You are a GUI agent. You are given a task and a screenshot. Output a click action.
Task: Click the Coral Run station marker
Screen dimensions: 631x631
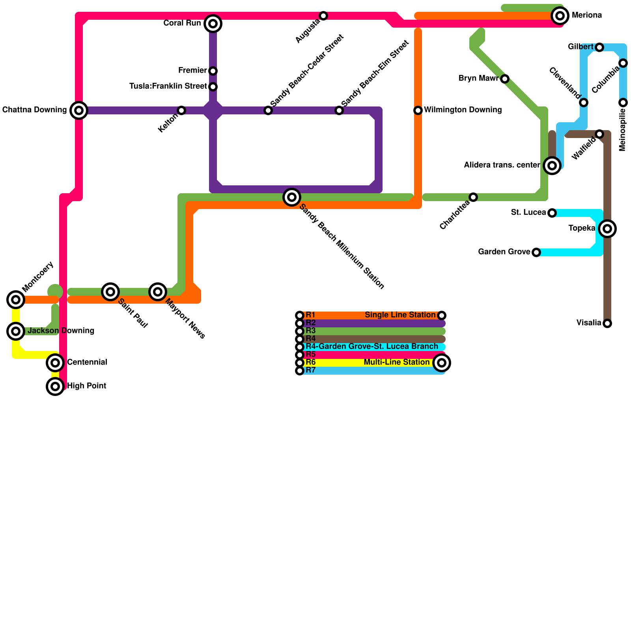[213, 24]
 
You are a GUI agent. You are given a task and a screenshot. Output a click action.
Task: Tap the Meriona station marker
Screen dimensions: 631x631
[560, 16]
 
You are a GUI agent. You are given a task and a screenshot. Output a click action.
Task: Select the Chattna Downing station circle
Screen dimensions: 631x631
[79, 110]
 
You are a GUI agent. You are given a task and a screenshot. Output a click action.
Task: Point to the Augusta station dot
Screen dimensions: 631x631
[323, 16]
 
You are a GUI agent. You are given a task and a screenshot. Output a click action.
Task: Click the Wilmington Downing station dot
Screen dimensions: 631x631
[418, 110]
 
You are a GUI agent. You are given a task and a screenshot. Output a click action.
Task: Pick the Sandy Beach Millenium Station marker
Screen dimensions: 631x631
[292, 197]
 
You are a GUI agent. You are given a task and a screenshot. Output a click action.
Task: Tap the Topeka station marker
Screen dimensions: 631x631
[607, 229]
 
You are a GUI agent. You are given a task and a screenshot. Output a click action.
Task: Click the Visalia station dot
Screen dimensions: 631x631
[607, 323]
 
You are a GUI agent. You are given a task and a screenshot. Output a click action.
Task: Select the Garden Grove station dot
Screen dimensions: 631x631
[536, 252]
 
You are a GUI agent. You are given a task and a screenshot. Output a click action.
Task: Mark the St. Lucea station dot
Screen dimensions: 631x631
[552, 213]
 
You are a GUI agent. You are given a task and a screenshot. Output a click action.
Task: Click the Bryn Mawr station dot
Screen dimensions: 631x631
[505, 79]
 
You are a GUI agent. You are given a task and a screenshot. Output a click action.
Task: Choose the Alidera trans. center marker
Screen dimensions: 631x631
[552, 166]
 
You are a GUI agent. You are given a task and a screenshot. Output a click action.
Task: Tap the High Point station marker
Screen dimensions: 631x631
[55, 386]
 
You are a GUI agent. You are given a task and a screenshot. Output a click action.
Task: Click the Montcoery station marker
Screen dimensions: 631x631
[16, 300]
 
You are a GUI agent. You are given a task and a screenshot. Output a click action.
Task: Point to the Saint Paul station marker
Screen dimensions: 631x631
[110, 292]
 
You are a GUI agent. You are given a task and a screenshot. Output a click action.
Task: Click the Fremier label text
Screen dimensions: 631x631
[192, 71]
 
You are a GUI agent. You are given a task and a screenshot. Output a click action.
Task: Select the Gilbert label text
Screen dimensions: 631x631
[581, 47]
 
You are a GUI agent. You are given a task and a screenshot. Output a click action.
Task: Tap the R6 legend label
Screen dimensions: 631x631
[311, 362]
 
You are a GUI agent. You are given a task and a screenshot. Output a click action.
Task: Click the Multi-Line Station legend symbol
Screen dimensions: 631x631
[442, 363]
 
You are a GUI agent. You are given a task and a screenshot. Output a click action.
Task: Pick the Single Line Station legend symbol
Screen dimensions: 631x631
[442, 315]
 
